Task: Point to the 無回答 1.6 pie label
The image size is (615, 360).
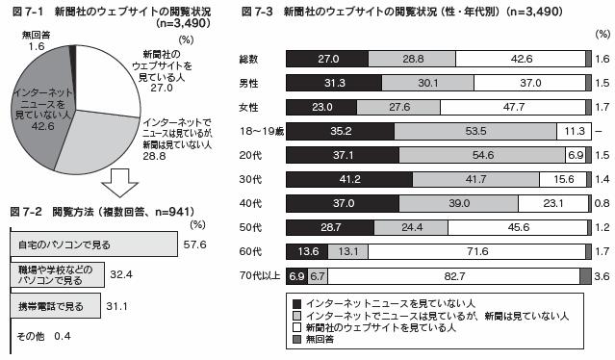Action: pos(32,39)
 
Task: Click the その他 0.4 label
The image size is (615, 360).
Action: pos(43,336)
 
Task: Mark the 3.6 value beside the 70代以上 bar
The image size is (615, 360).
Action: pos(602,276)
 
